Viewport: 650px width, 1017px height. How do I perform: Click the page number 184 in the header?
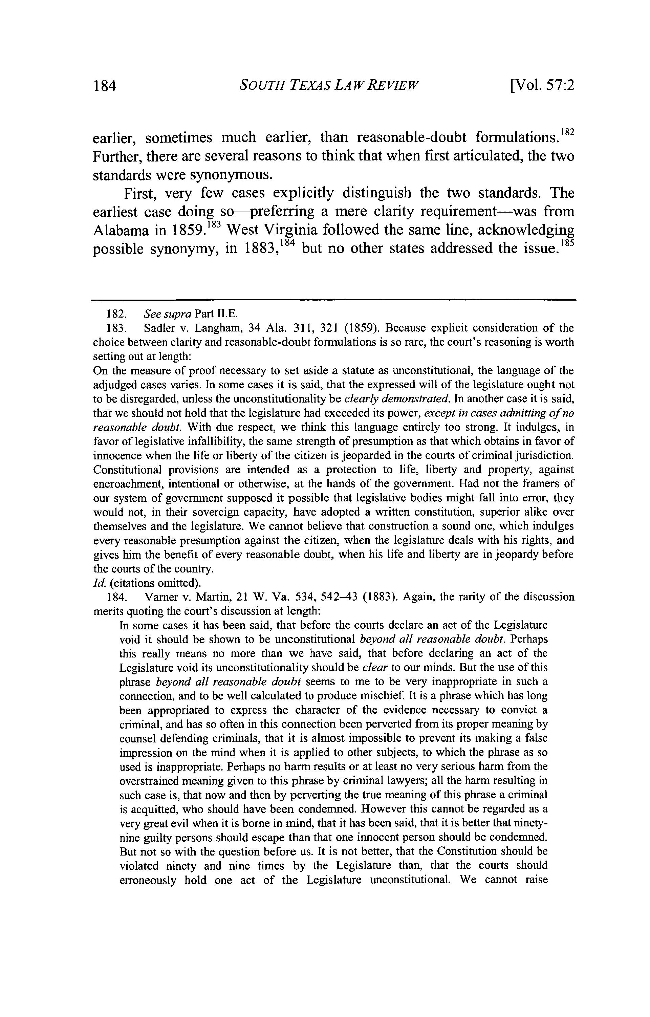(104, 86)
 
